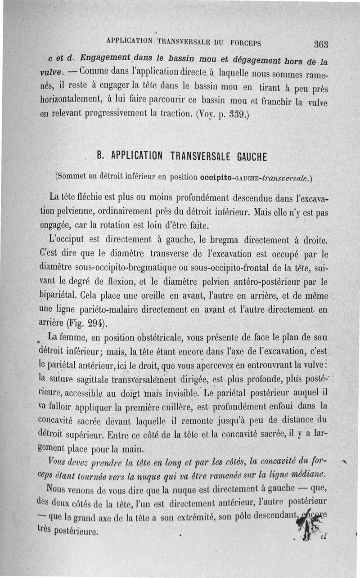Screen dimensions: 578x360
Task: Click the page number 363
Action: [321, 44]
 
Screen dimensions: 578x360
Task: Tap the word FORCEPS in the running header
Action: [246, 43]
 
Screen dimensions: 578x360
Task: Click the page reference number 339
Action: [235, 114]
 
